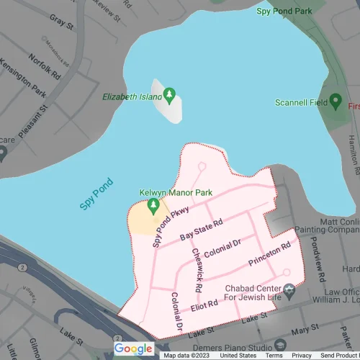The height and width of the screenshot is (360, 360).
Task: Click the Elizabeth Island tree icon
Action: click(x=169, y=94)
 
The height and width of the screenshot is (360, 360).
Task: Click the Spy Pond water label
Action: click(x=96, y=195)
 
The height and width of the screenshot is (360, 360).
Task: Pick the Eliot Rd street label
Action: click(x=204, y=306)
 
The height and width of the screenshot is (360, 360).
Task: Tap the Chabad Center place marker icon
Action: click(x=289, y=292)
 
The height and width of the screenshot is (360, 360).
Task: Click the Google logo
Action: click(x=133, y=349)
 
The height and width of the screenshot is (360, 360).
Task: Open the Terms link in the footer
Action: click(x=274, y=356)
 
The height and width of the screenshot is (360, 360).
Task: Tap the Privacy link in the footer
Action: click(x=302, y=356)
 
